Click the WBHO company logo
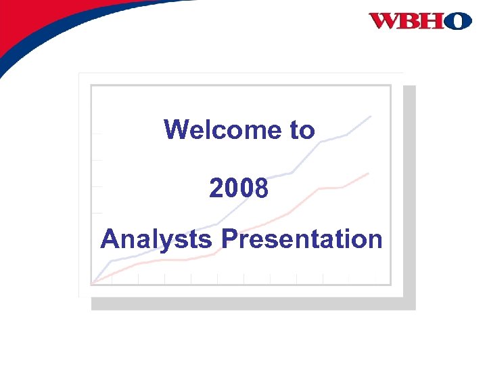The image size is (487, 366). click(420, 21)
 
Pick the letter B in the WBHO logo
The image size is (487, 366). click(410, 21)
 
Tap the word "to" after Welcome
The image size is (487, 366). click(302, 130)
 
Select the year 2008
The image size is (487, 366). click(239, 189)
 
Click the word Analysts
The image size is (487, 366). click(158, 239)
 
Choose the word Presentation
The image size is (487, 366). click(302, 239)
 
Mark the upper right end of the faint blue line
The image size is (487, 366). click(371, 117)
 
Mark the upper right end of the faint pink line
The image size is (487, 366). click(368, 174)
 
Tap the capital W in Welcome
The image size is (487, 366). click(177, 129)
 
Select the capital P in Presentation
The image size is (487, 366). click(229, 239)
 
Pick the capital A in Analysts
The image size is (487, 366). click(111, 239)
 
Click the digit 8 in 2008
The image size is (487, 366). click(261, 189)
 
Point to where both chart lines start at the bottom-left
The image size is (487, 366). click(93, 282)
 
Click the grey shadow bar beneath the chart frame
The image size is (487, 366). click(254, 304)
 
